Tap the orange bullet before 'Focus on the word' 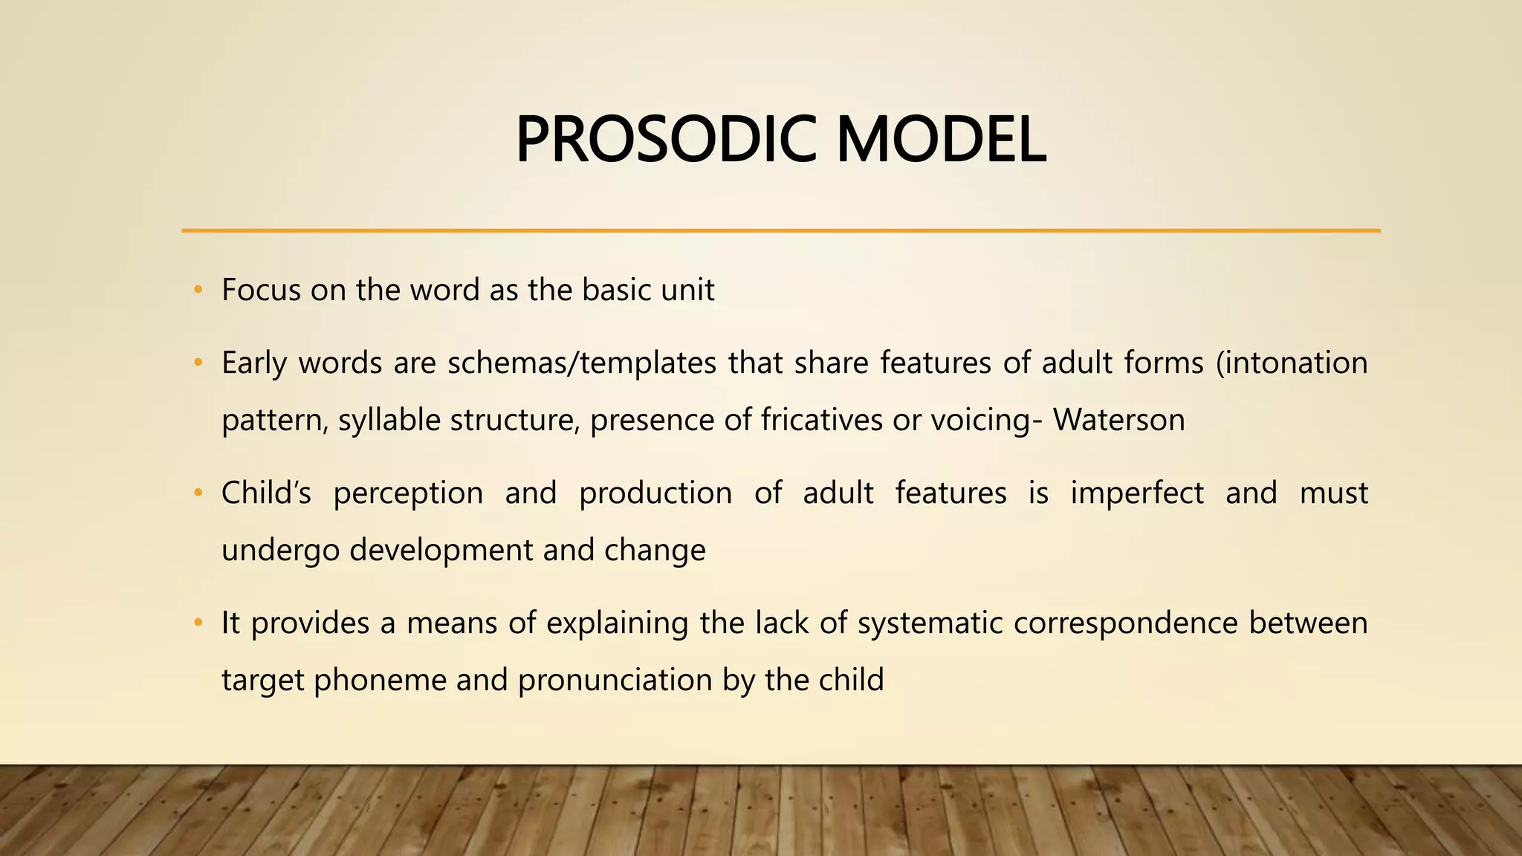pos(198,291)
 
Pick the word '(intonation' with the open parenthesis pos(1292,363)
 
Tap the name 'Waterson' pos(1118,421)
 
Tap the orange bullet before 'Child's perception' pos(198,493)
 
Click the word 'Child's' pos(266,493)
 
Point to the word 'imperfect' pos(1136,493)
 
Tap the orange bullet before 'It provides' pos(198,623)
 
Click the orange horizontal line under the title pos(780,231)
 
